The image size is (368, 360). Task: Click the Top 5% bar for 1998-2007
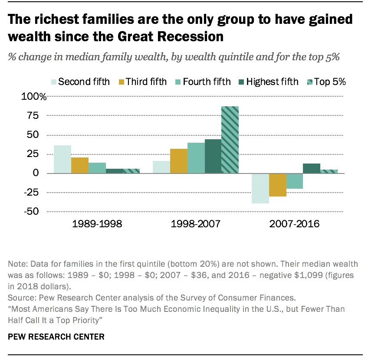pos(230,140)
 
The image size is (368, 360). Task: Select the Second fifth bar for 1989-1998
pos(62,159)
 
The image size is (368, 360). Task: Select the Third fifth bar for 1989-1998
pos(80,165)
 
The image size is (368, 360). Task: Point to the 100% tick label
pos(33,97)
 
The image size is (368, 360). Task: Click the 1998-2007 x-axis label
pos(196,224)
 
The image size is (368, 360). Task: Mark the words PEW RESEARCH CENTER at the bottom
pos(56,336)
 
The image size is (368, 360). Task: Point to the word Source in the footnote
pos(20,296)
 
